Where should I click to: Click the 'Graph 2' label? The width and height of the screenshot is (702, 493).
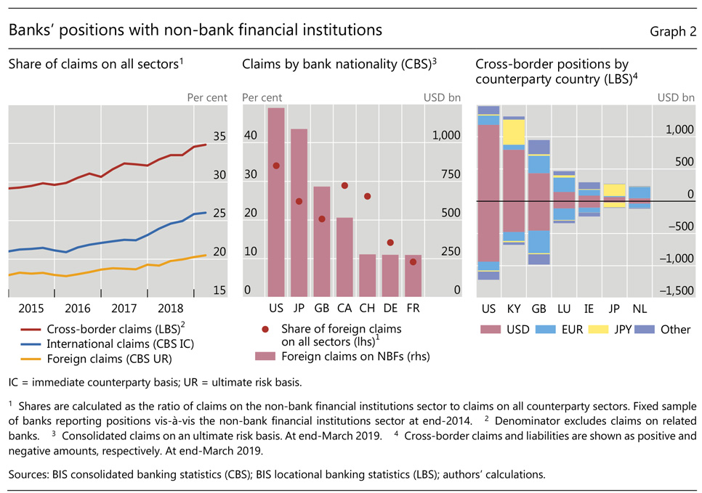coord(672,31)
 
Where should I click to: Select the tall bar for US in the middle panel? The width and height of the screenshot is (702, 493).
coord(276,203)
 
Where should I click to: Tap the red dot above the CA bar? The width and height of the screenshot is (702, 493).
coord(344,186)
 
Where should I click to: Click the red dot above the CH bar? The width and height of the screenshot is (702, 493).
coord(367,196)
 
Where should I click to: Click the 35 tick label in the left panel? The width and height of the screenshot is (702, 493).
coord(219,137)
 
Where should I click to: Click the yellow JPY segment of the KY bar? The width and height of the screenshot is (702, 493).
coord(514,132)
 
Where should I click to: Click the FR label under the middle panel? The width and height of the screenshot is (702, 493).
coord(412,309)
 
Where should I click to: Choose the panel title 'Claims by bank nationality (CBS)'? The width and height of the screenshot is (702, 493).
coord(338,65)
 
